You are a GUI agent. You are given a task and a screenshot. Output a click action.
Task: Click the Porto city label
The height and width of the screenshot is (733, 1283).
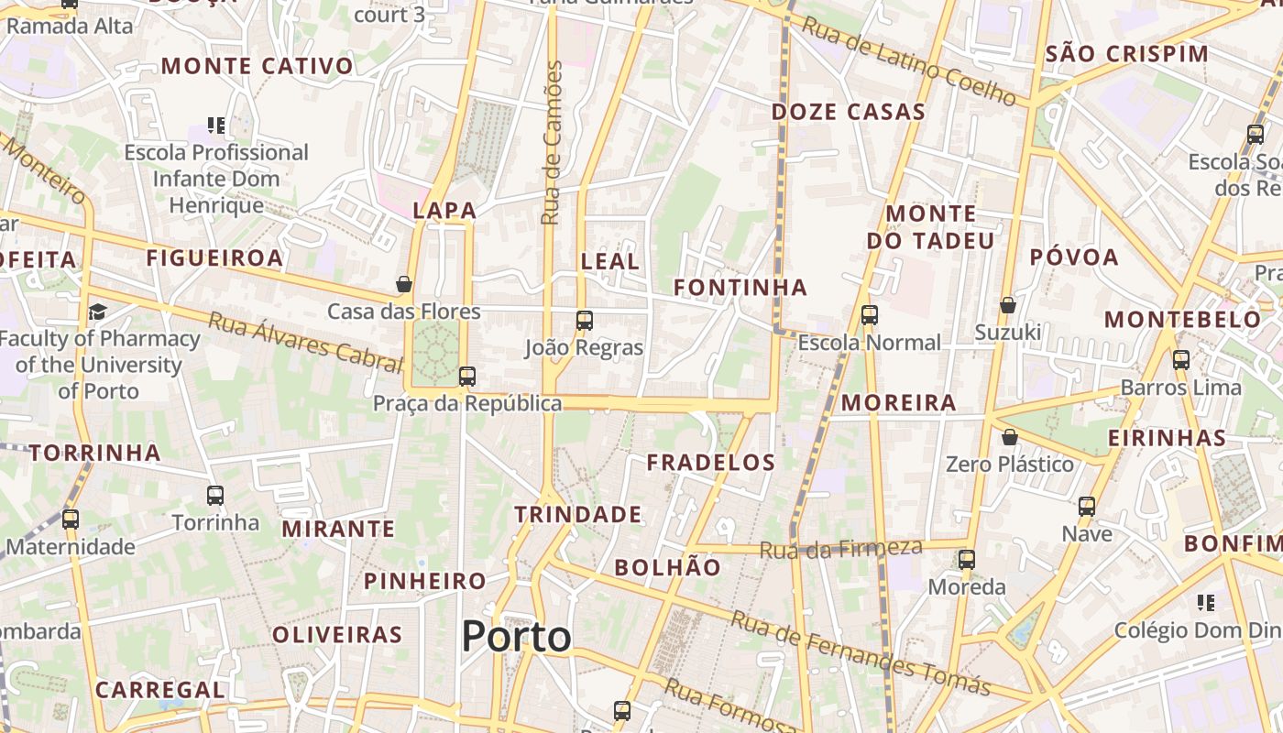coord(516,636)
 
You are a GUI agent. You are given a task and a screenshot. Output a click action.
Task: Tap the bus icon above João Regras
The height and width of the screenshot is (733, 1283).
coord(585,321)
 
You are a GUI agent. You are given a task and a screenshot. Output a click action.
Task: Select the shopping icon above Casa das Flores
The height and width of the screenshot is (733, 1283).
coord(404,284)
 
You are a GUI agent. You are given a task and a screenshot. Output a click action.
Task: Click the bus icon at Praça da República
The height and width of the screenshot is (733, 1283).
coord(467,376)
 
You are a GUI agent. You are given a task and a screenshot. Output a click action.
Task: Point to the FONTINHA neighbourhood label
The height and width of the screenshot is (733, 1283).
coord(740,288)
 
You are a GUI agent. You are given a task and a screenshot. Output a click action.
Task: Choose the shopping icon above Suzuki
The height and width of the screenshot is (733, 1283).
coord(1008,305)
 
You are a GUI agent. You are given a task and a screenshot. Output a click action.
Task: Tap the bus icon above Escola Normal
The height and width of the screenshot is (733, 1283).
coord(870,315)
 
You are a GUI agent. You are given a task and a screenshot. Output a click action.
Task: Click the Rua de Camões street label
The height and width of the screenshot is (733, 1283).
coord(551,143)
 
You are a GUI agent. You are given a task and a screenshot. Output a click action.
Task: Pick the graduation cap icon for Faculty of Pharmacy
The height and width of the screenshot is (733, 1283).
coord(97,312)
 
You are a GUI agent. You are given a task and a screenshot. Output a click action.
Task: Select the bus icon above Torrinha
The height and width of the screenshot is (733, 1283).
coord(215,496)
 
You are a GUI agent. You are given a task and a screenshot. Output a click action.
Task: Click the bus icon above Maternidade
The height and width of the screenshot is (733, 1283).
coord(71,520)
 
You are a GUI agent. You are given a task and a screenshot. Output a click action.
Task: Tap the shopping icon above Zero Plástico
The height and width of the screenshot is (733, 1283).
coord(1010,437)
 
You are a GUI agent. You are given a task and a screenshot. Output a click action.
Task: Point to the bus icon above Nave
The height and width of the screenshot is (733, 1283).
coord(1087,506)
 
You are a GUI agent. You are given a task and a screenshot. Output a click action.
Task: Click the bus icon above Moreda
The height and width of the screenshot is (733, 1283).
coord(967,560)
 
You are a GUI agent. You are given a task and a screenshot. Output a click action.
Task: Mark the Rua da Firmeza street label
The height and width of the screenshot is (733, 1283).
coord(841,549)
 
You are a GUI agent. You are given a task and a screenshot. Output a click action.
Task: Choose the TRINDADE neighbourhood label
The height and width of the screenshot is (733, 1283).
coord(577,515)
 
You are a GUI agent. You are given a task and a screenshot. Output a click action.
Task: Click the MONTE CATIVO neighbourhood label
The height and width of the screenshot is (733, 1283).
coord(257,66)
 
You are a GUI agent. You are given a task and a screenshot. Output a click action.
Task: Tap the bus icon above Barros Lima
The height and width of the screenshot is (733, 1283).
coord(1181,360)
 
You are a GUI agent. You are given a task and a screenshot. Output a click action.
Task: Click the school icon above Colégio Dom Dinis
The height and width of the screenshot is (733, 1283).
coord(1206,603)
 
